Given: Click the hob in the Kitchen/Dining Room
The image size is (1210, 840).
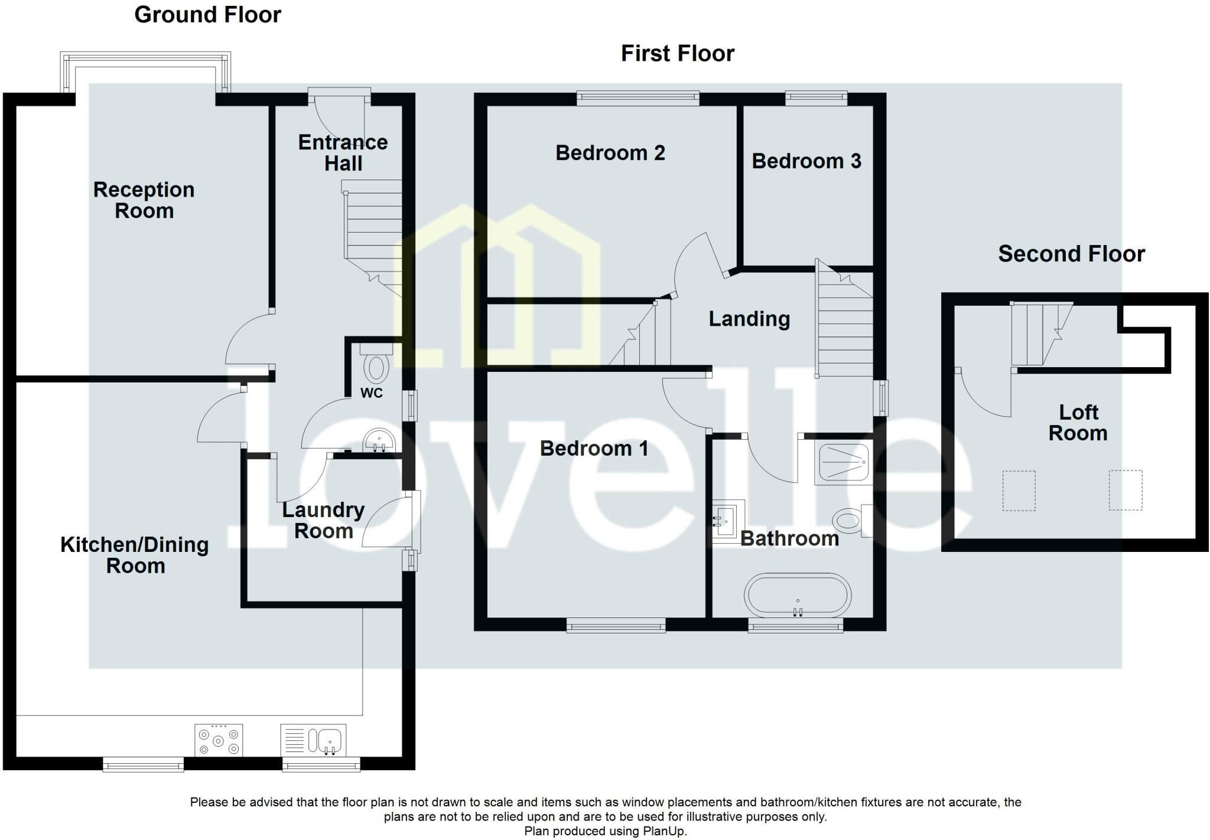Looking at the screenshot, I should [219, 740].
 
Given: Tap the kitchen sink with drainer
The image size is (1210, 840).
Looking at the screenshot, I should [313, 740].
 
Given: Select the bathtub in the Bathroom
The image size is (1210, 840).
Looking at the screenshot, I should [798, 595].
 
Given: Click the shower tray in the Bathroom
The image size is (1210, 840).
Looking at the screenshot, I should [843, 463].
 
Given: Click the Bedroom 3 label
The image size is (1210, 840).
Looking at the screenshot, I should [806, 161].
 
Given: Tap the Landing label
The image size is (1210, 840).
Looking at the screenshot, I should [749, 319].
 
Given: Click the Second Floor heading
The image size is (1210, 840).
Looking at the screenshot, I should [1071, 254].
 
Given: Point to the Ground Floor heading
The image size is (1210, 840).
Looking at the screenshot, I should [207, 15].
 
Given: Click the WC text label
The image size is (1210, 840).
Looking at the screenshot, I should [372, 393].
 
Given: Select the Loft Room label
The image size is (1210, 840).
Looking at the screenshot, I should [1078, 423].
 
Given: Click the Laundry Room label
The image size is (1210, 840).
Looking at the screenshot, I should [323, 520].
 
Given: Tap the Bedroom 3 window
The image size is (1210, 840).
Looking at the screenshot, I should [816, 97].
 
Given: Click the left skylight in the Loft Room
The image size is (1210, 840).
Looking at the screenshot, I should [1019, 490].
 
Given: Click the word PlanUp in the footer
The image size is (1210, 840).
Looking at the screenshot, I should [668, 831].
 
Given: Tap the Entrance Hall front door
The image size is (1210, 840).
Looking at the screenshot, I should [339, 93].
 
